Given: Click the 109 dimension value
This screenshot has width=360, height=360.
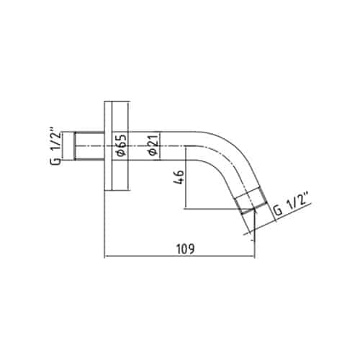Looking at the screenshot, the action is pyautogui.click(x=185, y=248).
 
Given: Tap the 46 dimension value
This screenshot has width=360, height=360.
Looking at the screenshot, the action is pyautogui.click(x=179, y=177).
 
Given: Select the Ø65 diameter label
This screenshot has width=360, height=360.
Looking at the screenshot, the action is pyautogui.click(x=122, y=145).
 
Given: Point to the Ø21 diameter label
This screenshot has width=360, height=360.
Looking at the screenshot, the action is pyautogui.click(x=153, y=145).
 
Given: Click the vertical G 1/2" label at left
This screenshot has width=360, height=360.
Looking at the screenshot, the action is pyautogui.click(x=55, y=148).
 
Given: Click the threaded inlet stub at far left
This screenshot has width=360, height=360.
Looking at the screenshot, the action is pyautogui.click(x=89, y=145).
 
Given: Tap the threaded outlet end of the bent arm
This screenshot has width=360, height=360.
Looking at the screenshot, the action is pyautogui.click(x=251, y=201).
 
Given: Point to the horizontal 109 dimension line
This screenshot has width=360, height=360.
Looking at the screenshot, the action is pyautogui.click(x=179, y=256).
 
